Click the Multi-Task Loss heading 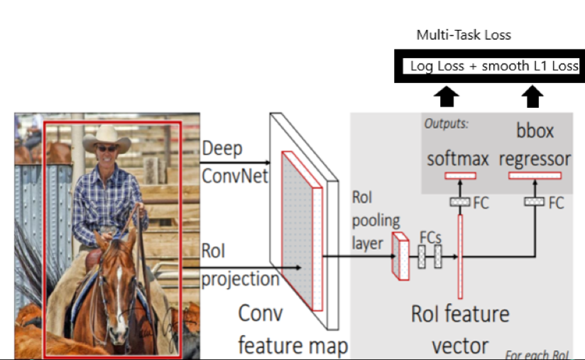pos(463,35)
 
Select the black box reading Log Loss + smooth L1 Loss pos(490,67)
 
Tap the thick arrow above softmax pos(449,97)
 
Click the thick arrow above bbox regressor pos(533,97)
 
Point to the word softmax pos(458,158)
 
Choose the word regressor pos(535,158)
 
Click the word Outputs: pos(446,124)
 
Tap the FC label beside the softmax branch pos(481,202)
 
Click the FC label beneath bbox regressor pos(556,202)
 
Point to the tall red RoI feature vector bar pos(461,256)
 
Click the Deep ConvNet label pos(234,162)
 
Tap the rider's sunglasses pos(104,148)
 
